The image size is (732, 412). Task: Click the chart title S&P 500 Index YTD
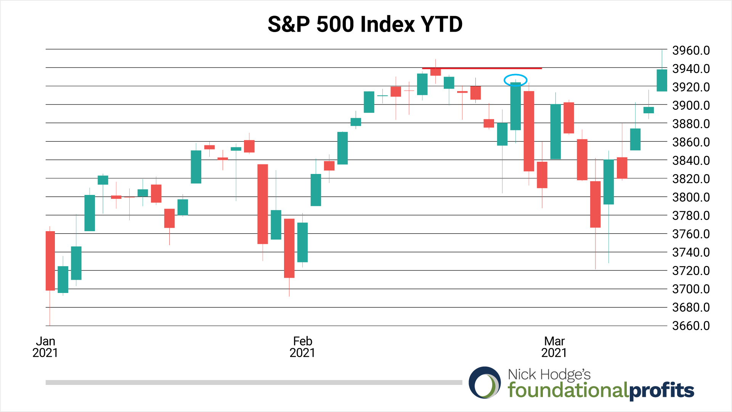(365, 24)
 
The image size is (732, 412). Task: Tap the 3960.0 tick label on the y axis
(690, 50)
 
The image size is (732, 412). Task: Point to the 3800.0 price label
(690, 197)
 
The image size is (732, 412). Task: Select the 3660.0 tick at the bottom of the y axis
(690, 326)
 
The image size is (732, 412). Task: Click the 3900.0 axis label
(690, 105)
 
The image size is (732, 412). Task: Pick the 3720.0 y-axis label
(690, 270)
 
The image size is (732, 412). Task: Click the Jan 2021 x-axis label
(45, 347)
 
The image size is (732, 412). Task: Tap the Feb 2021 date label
(302, 347)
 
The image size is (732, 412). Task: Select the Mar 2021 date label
(554, 347)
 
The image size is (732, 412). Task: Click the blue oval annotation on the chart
(515, 80)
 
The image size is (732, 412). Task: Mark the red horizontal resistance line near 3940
(482, 68)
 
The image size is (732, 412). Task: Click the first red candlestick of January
(50, 261)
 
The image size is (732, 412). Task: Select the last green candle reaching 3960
(661, 80)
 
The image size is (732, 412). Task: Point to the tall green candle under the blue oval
(515, 106)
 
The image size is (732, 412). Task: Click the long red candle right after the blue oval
(529, 131)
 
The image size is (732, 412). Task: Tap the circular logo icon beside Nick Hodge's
(485, 383)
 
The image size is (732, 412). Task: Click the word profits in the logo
(661, 390)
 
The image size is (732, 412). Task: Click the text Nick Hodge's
(549, 375)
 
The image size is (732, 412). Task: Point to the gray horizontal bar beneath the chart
(254, 382)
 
